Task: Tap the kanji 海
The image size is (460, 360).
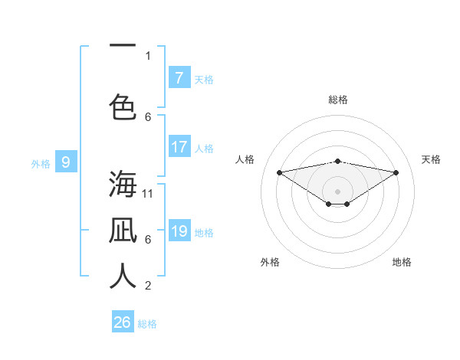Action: pyautogui.click(x=123, y=185)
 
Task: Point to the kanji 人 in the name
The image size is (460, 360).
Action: pyautogui.click(x=123, y=277)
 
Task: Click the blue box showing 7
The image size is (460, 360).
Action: pyautogui.click(x=179, y=78)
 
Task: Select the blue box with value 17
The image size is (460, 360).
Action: pyautogui.click(x=179, y=147)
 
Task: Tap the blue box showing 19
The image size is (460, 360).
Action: pyautogui.click(x=179, y=231)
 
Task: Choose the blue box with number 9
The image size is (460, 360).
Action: pyautogui.click(x=66, y=162)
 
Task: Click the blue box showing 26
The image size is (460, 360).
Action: pyautogui.click(x=123, y=322)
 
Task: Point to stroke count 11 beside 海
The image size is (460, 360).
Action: pyautogui.click(x=148, y=193)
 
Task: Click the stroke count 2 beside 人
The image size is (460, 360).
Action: pyautogui.click(x=148, y=286)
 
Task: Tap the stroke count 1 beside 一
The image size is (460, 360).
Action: pyautogui.click(x=148, y=55)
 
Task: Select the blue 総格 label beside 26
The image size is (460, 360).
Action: pyautogui.click(x=147, y=324)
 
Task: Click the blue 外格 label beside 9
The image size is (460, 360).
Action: pyautogui.click(x=41, y=163)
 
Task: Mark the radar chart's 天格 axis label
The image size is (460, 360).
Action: pyautogui.click(x=431, y=159)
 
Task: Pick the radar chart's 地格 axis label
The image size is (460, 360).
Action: pyautogui.click(x=402, y=262)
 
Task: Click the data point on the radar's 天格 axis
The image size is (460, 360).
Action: pyautogui.click(x=396, y=172)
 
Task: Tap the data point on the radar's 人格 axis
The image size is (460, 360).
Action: pyautogui.click(x=279, y=172)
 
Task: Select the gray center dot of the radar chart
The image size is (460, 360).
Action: pyautogui.click(x=337, y=191)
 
